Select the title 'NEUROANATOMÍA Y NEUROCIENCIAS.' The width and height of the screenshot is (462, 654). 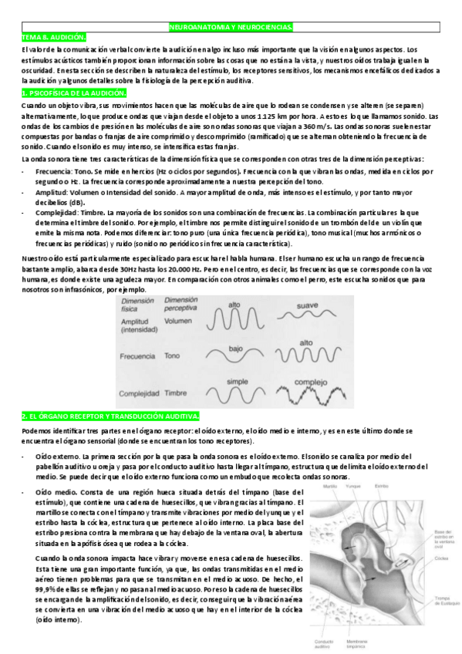pyautogui.click(x=231, y=28)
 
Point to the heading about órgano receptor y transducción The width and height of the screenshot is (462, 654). pyautogui.click(x=111, y=416)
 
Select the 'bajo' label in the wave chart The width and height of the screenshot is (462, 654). pyautogui.click(x=236, y=348)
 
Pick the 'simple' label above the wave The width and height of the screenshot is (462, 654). pyautogui.click(x=236, y=382)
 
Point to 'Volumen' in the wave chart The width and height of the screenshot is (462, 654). pyautogui.click(x=178, y=321)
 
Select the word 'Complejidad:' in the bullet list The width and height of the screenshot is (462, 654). pyautogui.click(x=56, y=211)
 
